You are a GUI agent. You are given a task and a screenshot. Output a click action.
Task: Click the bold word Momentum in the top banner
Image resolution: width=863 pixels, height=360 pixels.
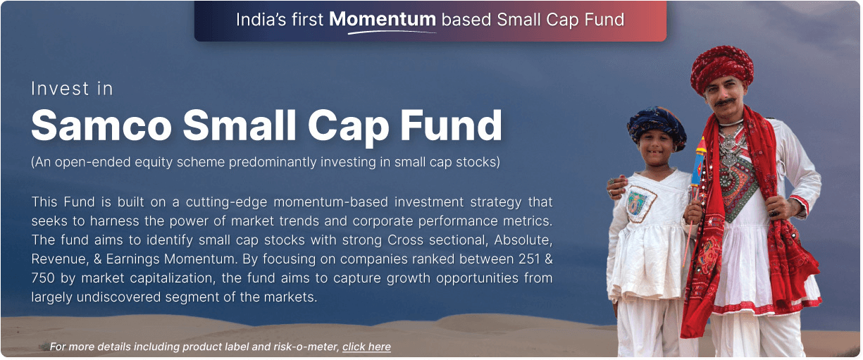pos(383,19)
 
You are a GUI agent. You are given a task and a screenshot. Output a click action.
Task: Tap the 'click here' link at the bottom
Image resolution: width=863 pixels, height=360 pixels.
pos(366,347)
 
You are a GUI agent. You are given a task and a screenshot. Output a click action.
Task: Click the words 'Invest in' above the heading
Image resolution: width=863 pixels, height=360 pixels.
pos(72,89)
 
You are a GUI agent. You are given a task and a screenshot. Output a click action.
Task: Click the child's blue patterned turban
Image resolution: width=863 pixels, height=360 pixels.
pos(656,124)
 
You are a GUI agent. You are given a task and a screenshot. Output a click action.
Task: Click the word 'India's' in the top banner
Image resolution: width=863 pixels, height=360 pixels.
pos(262,19)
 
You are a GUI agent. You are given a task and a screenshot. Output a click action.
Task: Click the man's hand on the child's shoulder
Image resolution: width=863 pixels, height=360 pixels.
pos(617,186)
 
